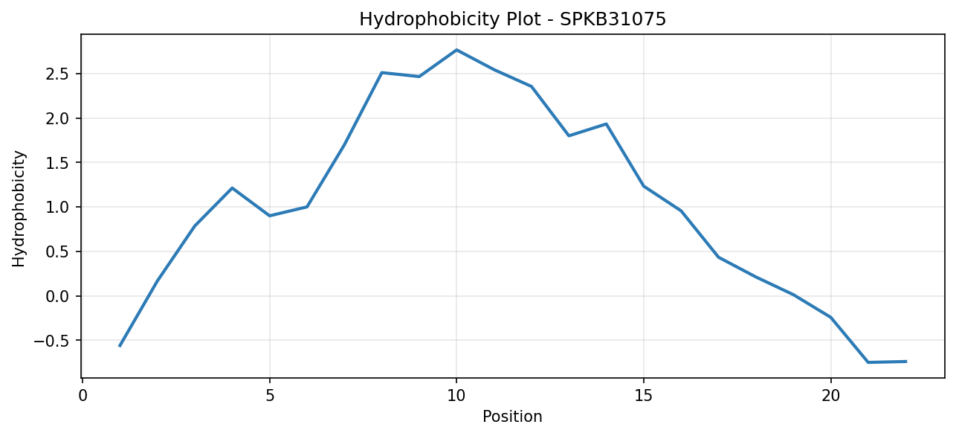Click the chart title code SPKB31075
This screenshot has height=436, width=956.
click(613, 19)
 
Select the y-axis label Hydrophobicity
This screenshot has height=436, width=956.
click(19, 209)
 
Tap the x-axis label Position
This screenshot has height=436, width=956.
click(512, 417)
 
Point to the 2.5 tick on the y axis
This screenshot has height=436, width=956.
click(58, 74)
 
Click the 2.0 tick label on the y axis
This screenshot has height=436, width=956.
click(58, 119)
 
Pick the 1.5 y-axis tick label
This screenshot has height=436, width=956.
click(58, 163)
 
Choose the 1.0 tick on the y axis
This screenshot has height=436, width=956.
click(58, 208)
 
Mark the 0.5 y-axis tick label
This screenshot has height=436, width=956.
click(58, 252)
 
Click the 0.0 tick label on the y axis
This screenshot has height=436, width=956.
click(58, 296)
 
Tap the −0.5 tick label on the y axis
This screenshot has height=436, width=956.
click(52, 341)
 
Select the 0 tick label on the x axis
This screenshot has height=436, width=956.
click(83, 397)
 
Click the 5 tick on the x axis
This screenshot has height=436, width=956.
click(269, 397)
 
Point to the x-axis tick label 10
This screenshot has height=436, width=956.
click(456, 397)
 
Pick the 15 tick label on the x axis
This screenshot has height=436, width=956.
click(644, 397)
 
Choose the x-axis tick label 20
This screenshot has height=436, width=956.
click(830, 397)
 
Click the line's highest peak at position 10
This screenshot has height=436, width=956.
click(456, 50)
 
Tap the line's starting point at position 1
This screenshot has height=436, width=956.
click(120, 346)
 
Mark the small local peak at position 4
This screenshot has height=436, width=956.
click(232, 188)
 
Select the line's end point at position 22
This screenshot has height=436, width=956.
click(905, 362)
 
